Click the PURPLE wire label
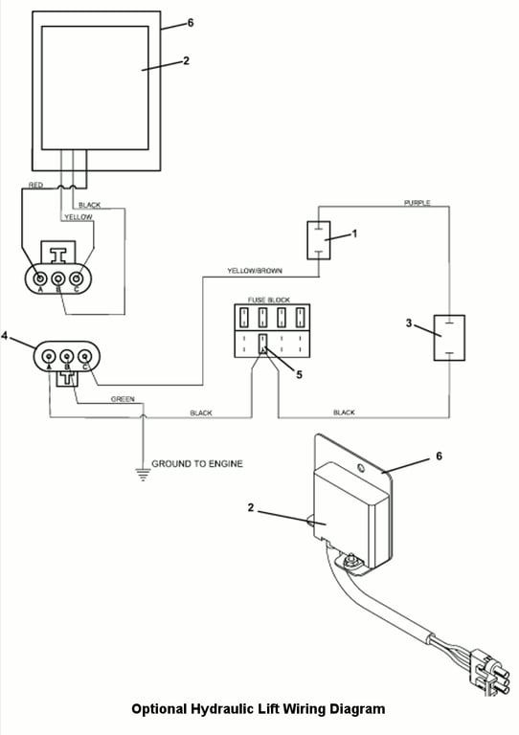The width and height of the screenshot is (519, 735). click(x=417, y=203)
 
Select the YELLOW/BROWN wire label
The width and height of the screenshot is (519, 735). click(x=255, y=271)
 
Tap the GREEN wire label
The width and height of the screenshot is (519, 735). click(x=123, y=399)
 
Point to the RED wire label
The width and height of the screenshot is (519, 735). click(x=36, y=185)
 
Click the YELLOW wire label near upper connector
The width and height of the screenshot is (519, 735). click(x=79, y=217)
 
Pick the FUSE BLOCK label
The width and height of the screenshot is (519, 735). click(x=269, y=300)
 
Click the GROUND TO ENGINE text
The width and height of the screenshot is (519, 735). click(x=197, y=463)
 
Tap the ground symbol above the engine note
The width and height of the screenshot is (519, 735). click(x=144, y=475)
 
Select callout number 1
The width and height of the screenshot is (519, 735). click(x=354, y=234)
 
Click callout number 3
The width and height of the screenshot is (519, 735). click(x=409, y=323)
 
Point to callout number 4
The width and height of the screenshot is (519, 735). click(x=5, y=336)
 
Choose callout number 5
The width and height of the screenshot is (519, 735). click(x=299, y=374)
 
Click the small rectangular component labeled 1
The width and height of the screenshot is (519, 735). click(x=318, y=240)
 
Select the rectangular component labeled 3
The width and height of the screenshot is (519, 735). click(x=449, y=338)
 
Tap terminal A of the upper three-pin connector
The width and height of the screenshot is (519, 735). click(x=40, y=279)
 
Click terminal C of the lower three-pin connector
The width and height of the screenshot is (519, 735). click(x=85, y=357)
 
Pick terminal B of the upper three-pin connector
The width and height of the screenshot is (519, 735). click(x=58, y=279)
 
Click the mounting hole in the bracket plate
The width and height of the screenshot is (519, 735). click(x=360, y=468)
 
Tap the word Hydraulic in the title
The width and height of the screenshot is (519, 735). click(x=219, y=709)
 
